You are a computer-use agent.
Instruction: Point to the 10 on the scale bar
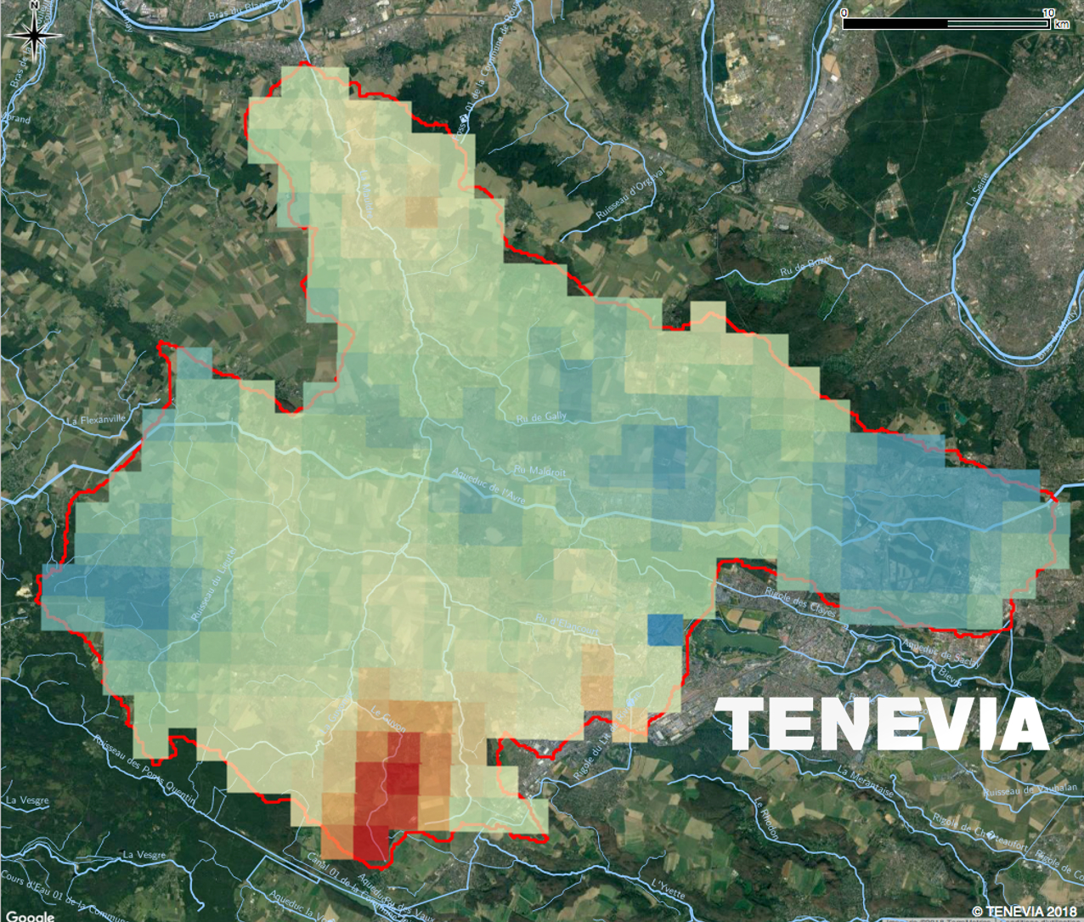click(1048, 13)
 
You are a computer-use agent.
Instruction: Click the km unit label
click(1061, 25)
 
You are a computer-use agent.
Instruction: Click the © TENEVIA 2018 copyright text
click(1024, 911)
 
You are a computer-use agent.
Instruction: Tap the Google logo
click(29, 916)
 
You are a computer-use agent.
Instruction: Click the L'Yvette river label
click(667, 897)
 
